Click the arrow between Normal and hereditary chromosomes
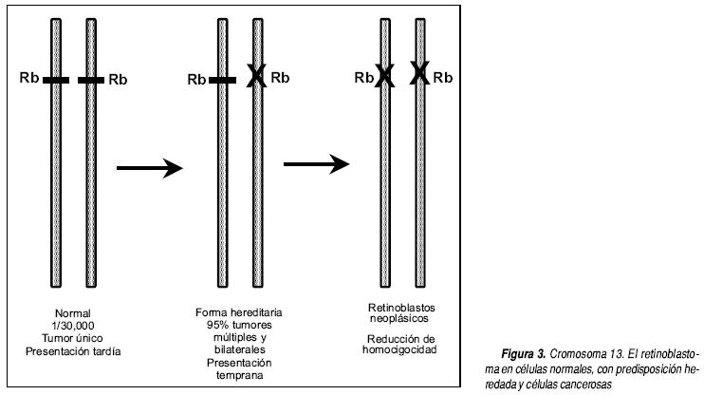coord(150,168)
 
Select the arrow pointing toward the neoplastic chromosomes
coord(317,164)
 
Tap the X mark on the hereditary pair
coord(257,76)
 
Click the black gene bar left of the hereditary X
coord(222,81)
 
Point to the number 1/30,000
coord(73,326)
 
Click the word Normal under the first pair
coord(73,313)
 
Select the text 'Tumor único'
coord(72,338)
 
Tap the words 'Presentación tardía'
coord(73,351)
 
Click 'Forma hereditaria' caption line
coord(239,312)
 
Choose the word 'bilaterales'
coord(240,349)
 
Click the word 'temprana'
coord(240,375)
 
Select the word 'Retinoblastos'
coord(401,308)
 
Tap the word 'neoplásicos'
coord(399,319)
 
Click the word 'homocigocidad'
coord(399,349)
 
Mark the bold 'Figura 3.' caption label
coord(524,354)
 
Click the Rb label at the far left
coord(29,78)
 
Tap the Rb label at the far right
coord(443,78)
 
